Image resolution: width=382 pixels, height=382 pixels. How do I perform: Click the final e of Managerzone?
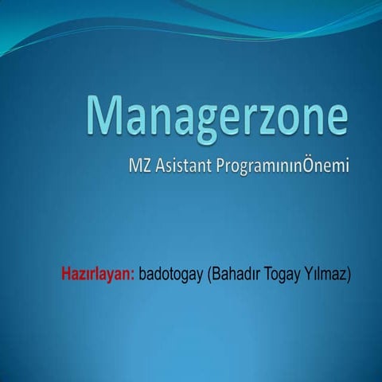[337, 119]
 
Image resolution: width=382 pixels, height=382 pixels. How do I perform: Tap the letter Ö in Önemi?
[309, 167]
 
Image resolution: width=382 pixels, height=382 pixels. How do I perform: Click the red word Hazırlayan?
[96, 275]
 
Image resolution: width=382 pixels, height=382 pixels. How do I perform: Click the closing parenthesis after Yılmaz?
[349, 276]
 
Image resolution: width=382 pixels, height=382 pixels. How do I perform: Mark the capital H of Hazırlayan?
[66, 275]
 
